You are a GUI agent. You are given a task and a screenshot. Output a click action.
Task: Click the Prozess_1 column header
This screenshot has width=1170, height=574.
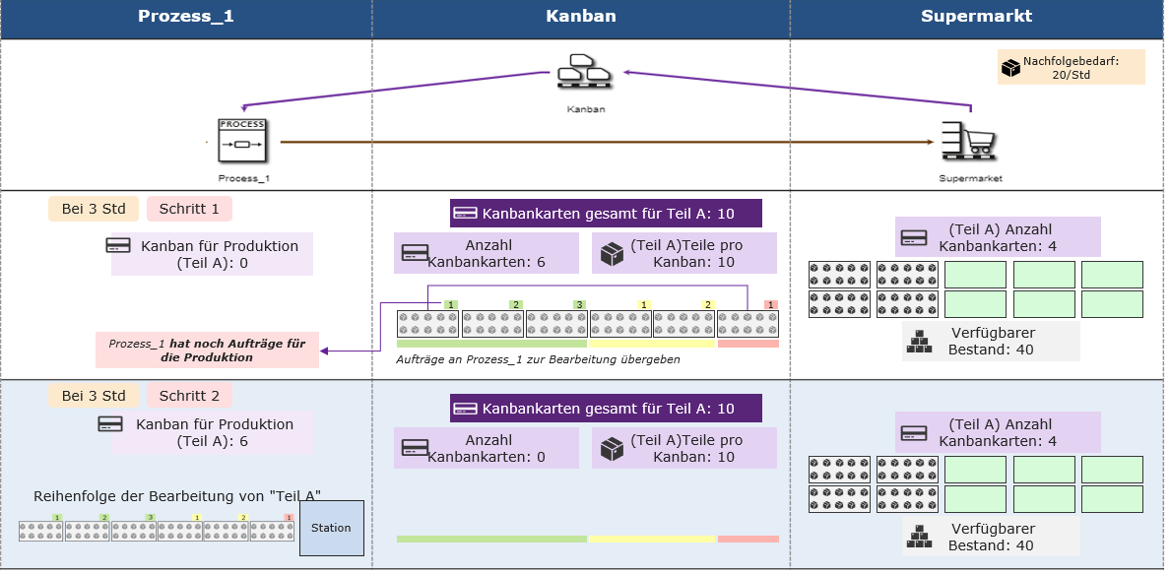[186, 16]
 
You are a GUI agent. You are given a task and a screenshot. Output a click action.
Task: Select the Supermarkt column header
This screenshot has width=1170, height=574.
[976, 16]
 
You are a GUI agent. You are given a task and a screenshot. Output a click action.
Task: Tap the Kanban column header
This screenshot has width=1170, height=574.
[580, 16]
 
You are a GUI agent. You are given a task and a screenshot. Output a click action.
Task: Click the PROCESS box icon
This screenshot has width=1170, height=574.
[242, 141]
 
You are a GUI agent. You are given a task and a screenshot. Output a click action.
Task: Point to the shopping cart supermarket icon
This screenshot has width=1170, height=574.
[969, 141]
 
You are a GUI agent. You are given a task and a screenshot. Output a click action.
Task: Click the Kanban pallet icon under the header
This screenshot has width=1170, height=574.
[585, 72]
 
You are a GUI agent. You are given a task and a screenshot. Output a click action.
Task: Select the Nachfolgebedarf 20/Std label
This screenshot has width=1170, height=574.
[1071, 67]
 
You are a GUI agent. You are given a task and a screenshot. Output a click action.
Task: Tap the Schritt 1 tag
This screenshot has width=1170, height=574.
[189, 209]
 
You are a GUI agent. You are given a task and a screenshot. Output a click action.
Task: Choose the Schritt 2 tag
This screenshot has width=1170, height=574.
[189, 396]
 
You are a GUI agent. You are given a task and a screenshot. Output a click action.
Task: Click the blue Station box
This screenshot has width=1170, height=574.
[331, 528]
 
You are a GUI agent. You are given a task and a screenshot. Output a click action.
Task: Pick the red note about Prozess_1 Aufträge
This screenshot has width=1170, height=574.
[207, 351]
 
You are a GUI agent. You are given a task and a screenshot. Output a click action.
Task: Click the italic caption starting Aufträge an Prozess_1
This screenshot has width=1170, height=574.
[538, 359]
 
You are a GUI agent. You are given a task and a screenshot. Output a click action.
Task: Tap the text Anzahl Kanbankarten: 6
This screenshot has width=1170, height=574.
[487, 253]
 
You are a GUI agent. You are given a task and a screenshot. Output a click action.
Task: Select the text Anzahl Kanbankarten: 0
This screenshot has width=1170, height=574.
[487, 448]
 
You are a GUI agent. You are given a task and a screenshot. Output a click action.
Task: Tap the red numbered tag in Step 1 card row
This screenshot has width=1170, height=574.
[771, 304]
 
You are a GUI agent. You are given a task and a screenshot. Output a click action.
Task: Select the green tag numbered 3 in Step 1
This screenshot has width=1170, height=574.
[580, 304]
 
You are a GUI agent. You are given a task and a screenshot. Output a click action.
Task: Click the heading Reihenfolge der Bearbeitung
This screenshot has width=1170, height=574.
[177, 495]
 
